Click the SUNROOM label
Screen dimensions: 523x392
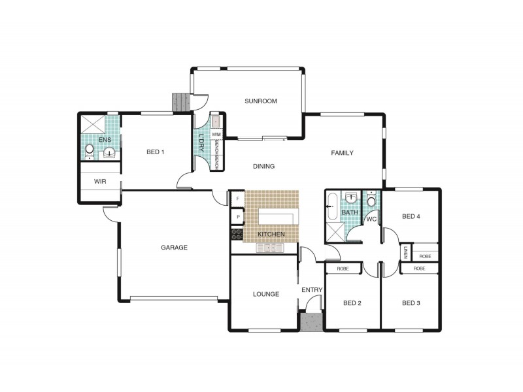(x=260, y=101)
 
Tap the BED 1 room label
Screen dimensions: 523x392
(x=156, y=152)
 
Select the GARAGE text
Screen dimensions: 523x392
(x=174, y=248)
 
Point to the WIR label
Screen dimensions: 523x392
(x=100, y=182)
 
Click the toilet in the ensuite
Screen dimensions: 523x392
(x=90, y=152)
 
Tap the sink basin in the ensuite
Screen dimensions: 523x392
(x=109, y=154)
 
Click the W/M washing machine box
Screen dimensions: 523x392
(x=216, y=135)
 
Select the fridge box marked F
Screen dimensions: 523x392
(x=238, y=199)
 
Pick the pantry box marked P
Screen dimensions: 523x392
(x=238, y=217)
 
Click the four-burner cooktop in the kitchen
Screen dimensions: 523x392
(x=237, y=235)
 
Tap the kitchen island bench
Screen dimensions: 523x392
(x=276, y=217)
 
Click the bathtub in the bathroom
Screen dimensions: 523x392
(x=332, y=206)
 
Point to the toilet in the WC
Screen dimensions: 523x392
(x=371, y=199)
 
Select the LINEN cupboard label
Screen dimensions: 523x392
(x=405, y=252)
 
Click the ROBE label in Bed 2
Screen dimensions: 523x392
(x=343, y=269)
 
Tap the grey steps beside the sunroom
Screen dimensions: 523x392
(x=180, y=103)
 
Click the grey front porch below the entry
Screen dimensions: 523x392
(x=311, y=322)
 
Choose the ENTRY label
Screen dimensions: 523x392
(x=312, y=290)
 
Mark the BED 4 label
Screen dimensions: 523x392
(x=411, y=216)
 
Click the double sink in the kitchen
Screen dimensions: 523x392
(x=270, y=248)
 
